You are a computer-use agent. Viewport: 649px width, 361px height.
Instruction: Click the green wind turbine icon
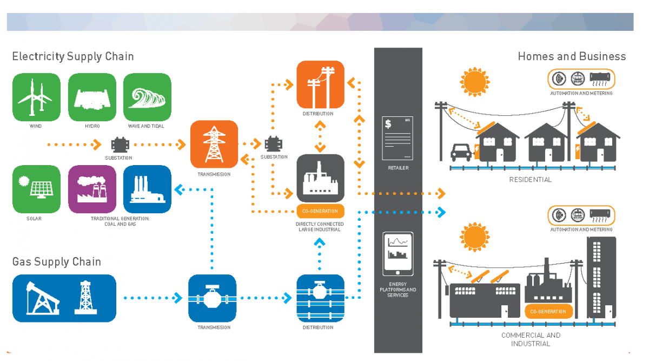(x=36, y=97)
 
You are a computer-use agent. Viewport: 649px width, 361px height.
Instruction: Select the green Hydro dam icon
(x=92, y=97)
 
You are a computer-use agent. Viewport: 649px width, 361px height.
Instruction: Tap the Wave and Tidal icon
(x=147, y=97)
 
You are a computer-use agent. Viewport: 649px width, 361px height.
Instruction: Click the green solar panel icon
(x=36, y=189)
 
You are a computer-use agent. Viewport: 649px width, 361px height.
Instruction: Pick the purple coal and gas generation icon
(x=92, y=189)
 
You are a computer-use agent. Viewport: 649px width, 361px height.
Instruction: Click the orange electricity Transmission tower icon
(x=214, y=144)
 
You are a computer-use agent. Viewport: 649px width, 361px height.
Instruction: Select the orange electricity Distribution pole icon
(x=320, y=84)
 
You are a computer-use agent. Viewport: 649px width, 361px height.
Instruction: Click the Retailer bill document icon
(x=397, y=139)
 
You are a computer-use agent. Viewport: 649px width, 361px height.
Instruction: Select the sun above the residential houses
(x=474, y=81)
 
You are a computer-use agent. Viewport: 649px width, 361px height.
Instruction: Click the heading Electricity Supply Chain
(x=73, y=56)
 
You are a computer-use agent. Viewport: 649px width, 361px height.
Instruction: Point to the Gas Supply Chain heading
(x=57, y=262)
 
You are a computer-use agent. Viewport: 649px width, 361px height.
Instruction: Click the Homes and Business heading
(x=572, y=56)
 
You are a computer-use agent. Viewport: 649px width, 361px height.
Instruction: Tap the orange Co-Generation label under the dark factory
(x=320, y=211)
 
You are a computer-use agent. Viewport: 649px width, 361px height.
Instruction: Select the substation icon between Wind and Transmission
(x=118, y=145)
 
